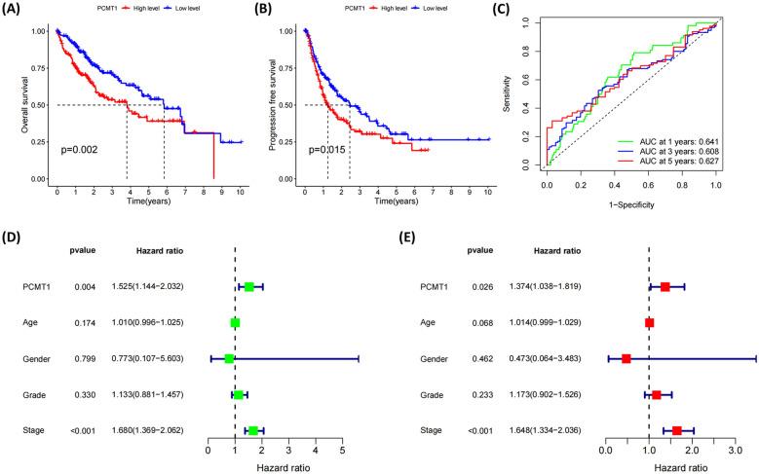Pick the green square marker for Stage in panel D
click(253, 430)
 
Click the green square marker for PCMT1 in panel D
click(249, 286)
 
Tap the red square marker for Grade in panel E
click(657, 394)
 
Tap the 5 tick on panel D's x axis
click(342, 451)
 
